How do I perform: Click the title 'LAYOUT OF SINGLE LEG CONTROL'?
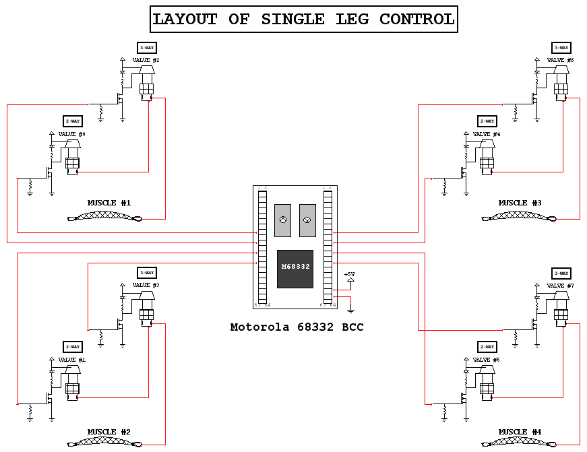(x=303, y=19)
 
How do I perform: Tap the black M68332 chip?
(x=295, y=268)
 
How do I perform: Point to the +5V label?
(x=349, y=274)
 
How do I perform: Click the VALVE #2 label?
(x=146, y=60)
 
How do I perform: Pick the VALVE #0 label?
(x=72, y=134)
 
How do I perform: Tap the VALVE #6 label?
(x=560, y=60)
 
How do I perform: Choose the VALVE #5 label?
(x=487, y=360)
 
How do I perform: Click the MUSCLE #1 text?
(x=109, y=203)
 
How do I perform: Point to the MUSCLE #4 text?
(x=520, y=432)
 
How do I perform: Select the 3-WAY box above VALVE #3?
(x=146, y=273)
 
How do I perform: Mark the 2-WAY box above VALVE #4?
(x=487, y=121)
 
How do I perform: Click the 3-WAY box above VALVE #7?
(x=561, y=273)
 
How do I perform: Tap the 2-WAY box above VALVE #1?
(x=72, y=347)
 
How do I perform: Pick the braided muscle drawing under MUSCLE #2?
(x=104, y=443)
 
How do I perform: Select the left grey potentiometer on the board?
(x=282, y=220)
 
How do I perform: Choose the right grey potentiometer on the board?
(x=307, y=220)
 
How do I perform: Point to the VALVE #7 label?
(x=560, y=286)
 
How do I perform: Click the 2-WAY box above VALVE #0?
(x=72, y=121)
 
